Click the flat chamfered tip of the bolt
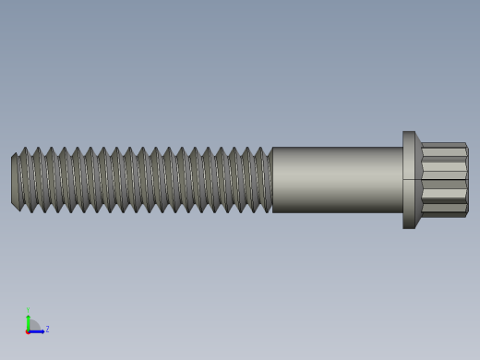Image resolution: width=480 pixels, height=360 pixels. [x=15, y=181]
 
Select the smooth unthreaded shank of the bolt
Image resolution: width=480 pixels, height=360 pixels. [x=337, y=180]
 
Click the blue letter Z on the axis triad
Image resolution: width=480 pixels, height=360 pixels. [x=47, y=329]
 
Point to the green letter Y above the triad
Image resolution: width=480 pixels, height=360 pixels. [x=28, y=310]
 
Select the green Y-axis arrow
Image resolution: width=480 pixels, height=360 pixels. [x=28, y=320]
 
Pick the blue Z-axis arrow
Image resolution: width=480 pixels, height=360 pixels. [x=37, y=330]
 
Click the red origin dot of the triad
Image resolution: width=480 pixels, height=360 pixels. [x=28, y=330]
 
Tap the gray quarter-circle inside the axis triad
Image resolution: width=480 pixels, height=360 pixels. [x=32, y=326]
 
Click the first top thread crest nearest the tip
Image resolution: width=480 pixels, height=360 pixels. [x=24, y=150]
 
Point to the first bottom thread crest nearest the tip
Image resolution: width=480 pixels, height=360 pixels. [x=31, y=210]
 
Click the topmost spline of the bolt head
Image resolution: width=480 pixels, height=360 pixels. [x=444, y=146]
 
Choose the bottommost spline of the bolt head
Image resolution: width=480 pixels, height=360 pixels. [x=444, y=213]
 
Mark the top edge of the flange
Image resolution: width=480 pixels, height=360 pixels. [x=409, y=132]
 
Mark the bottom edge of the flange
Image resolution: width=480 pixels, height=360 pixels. [x=409, y=227]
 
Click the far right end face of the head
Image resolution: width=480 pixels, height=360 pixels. [x=467, y=180]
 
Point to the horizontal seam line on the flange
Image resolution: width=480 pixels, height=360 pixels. [x=409, y=179]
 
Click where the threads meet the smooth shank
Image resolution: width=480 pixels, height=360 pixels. [x=272, y=180]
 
